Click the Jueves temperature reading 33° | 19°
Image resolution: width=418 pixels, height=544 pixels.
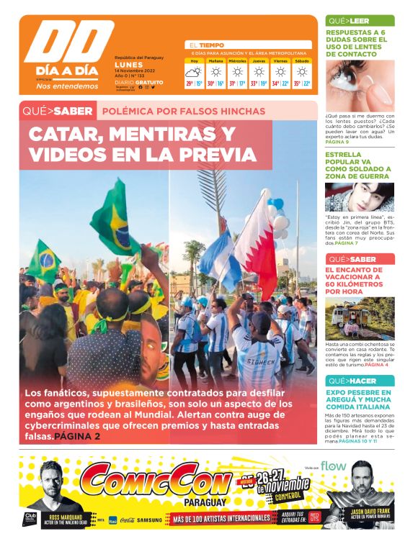(259, 83)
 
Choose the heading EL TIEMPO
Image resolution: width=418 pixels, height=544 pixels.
(207, 45)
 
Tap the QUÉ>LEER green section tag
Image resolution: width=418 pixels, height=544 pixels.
(349, 21)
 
